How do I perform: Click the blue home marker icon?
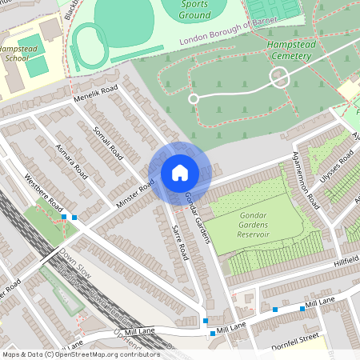[179, 172]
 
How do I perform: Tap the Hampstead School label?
[22, 53]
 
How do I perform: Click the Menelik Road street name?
[95, 94]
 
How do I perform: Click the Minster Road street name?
[135, 192]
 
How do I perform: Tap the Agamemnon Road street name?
[306, 179]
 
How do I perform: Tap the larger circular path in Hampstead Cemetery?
[278, 78]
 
